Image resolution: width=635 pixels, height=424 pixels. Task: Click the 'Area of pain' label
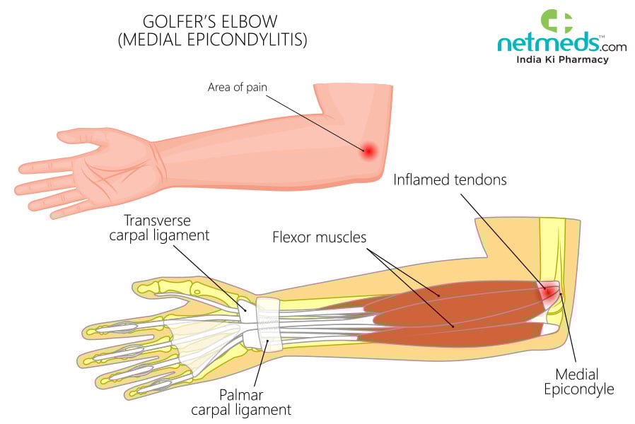(237, 88)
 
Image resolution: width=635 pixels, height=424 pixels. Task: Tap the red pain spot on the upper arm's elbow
(368, 149)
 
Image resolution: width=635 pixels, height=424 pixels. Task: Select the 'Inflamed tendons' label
(450, 179)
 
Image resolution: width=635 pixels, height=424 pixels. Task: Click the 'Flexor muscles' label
(320, 237)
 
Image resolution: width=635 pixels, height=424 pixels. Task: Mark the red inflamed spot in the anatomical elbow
(547, 292)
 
